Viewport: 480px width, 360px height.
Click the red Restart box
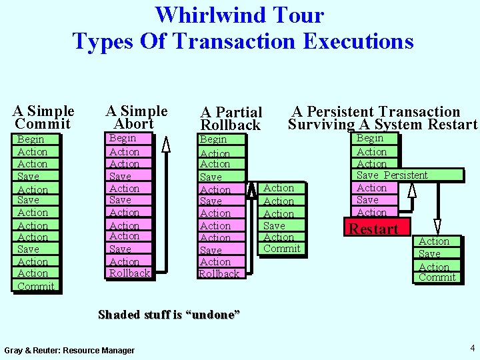[x=373, y=229]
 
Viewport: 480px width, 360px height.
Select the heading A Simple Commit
[x=43, y=117]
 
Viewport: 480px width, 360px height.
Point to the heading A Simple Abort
[x=136, y=117]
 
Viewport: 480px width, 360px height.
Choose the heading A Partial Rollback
[x=231, y=119]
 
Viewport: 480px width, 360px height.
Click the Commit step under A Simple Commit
[x=35, y=286]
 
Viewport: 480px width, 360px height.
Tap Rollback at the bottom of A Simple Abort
[x=129, y=273]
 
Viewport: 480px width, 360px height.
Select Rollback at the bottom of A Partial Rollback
[x=219, y=274]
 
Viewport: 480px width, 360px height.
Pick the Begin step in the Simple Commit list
[x=31, y=139]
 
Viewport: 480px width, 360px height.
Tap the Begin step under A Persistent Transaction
[x=370, y=138]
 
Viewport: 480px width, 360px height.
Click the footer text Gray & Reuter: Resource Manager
[x=69, y=350]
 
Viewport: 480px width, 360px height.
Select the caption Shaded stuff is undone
[x=169, y=315]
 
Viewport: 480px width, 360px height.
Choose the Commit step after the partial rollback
[x=281, y=249]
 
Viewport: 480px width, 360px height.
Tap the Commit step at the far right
[x=437, y=277]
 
